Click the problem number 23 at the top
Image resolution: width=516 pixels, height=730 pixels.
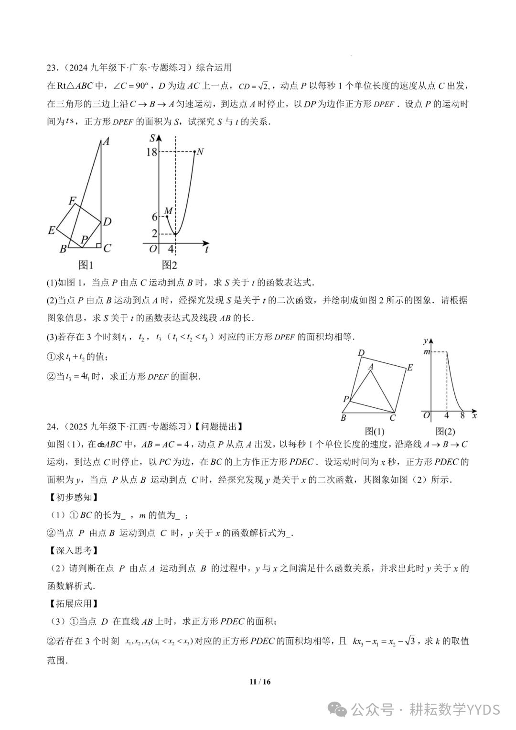pyautogui.click(x=52, y=67)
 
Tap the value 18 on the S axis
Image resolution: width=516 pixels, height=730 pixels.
pyautogui.click(x=151, y=152)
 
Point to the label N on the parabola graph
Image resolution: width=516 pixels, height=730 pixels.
pyautogui.click(x=200, y=152)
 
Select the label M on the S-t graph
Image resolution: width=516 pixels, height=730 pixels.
pyautogui.click(x=168, y=211)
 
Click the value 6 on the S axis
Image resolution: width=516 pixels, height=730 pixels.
pyautogui.click(x=154, y=217)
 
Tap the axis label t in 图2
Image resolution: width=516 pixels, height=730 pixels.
pyautogui.click(x=206, y=249)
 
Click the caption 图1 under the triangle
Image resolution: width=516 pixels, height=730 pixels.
pyautogui.click(x=86, y=265)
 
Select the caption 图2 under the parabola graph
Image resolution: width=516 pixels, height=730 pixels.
pyautogui.click(x=169, y=265)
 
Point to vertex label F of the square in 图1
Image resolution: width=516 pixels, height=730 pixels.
pyautogui.click(x=72, y=201)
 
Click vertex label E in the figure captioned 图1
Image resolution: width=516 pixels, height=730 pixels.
pyautogui.click(x=52, y=230)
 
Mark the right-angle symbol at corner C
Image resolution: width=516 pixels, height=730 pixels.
pyautogui.click(x=98, y=246)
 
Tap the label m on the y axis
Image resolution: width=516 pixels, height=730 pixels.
pyautogui.click(x=427, y=352)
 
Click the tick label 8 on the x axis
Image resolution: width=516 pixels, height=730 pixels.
pyautogui.click(x=462, y=415)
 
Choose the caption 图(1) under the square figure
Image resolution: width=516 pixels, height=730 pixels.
pyautogui.click(x=375, y=431)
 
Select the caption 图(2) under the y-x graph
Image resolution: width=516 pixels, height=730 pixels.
pyautogui.click(x=445, y=431)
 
